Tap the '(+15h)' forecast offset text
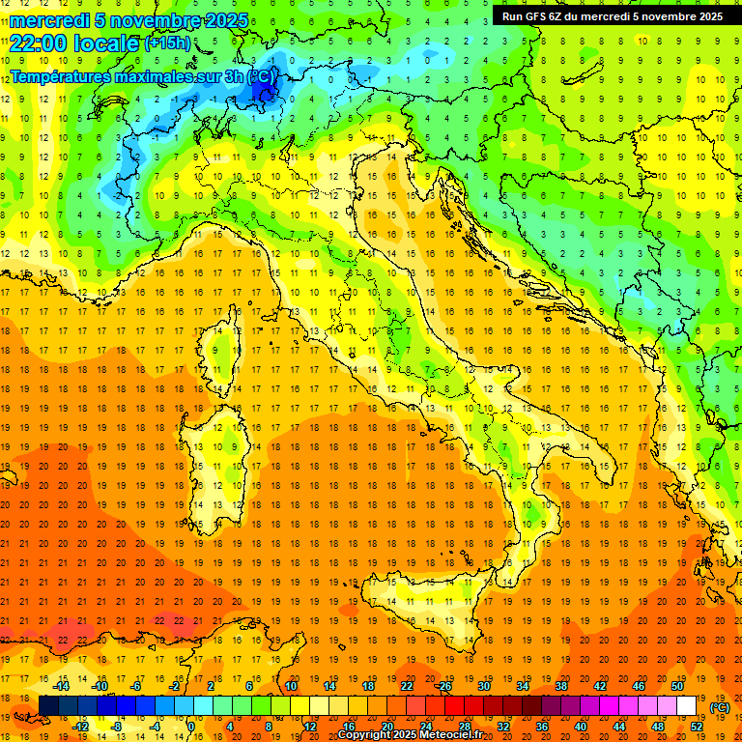coord(166,43)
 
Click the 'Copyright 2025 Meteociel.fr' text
coord(415,734)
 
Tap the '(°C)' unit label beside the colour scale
coord(720,708)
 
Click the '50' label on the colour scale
coord(676,685)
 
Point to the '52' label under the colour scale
coord(697,727)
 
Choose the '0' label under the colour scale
coord(191,727)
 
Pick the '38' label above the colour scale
coord(560,685)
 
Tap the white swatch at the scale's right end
coord(686,706)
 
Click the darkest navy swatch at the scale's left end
coord(48,706)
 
